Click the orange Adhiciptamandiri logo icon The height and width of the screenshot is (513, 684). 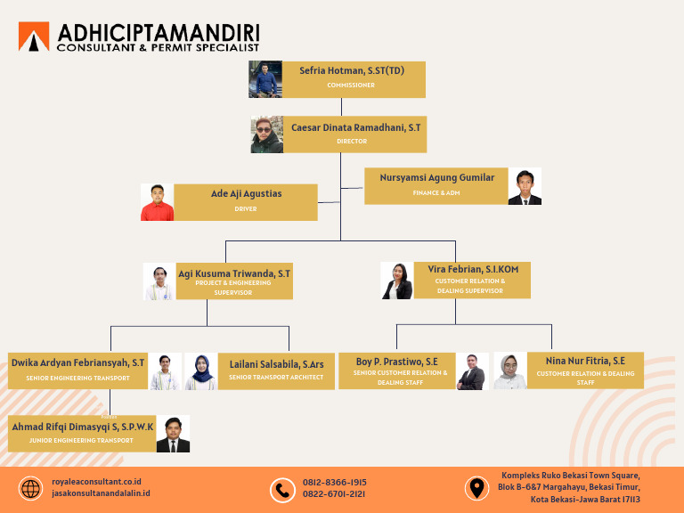point(34,37)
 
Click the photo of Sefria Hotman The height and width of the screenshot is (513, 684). point(265,79)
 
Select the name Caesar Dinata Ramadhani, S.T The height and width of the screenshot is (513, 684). point(355,127)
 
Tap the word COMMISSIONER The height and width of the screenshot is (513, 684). point(351,85)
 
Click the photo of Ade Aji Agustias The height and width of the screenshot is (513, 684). point(157,202)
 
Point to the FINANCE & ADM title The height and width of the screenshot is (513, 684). point(436,192)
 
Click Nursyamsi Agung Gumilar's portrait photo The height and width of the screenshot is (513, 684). point(525,186)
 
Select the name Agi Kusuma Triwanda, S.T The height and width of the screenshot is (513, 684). point(234,273)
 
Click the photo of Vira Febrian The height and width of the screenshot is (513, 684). point(396,281)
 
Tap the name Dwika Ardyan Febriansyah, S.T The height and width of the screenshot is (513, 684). point(77,362)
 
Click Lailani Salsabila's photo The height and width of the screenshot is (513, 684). point(200,371)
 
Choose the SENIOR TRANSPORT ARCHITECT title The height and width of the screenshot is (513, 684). point(275,378)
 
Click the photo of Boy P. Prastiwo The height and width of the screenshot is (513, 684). point(472,371)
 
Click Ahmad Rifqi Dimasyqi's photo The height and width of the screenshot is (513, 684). point(173,434)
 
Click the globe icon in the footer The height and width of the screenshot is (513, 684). point(30,489)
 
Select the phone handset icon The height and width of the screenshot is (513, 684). point(282,490)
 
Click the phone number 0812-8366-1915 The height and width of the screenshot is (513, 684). point(334,482)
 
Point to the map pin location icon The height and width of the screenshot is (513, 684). point(477,488)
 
